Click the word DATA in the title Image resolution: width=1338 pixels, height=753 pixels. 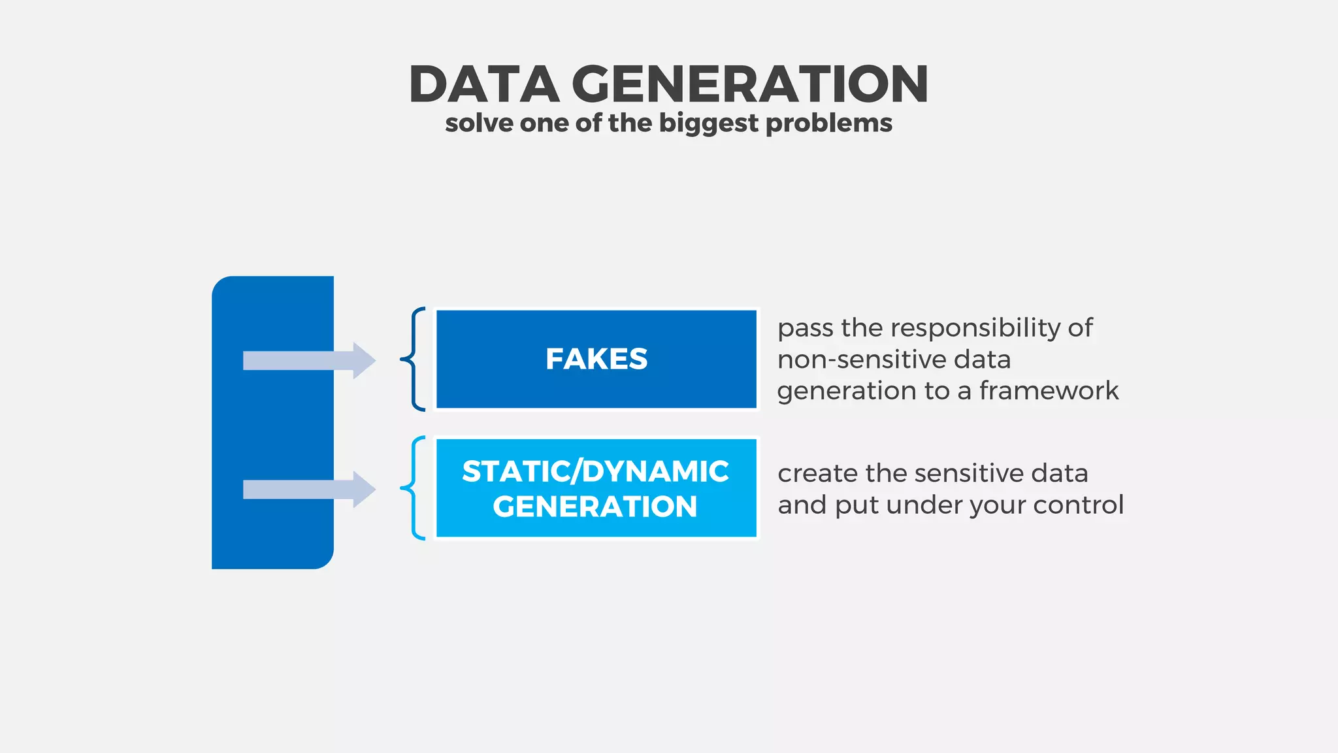click(x=484, y=84)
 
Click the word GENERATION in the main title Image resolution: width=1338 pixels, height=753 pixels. click(x=750, y=84)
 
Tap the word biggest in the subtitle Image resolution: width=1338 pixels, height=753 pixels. click(x=708, y=124)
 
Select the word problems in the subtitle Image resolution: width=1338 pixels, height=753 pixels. click(x=828, y=124)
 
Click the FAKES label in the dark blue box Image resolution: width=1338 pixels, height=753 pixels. click(x=596, y=359)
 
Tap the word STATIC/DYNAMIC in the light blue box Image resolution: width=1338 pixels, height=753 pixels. click(x=595, y=471)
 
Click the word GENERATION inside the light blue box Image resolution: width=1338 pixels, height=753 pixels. click(x=595, y=507)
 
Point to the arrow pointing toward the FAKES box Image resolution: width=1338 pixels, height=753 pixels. click(x=309, y=360)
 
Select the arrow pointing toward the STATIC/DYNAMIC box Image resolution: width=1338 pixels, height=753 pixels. click(x=309, y=490)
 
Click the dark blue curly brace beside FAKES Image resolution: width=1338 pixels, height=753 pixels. click(x=414, y=359)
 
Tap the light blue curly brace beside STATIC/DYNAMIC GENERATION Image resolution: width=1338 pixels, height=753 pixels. click(x=414, y=488)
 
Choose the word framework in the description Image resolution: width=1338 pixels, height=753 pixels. click(x=1049, y=391)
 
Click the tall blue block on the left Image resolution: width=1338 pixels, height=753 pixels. click(x=272, y=423)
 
